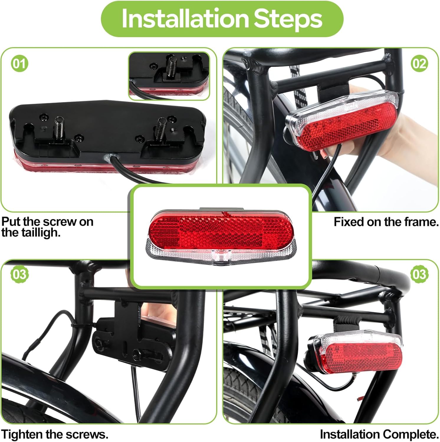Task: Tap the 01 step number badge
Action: click(20, 64)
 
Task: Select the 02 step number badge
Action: click(419, 64)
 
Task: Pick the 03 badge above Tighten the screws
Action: click(19, 274)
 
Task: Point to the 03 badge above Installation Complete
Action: click(419, 274)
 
